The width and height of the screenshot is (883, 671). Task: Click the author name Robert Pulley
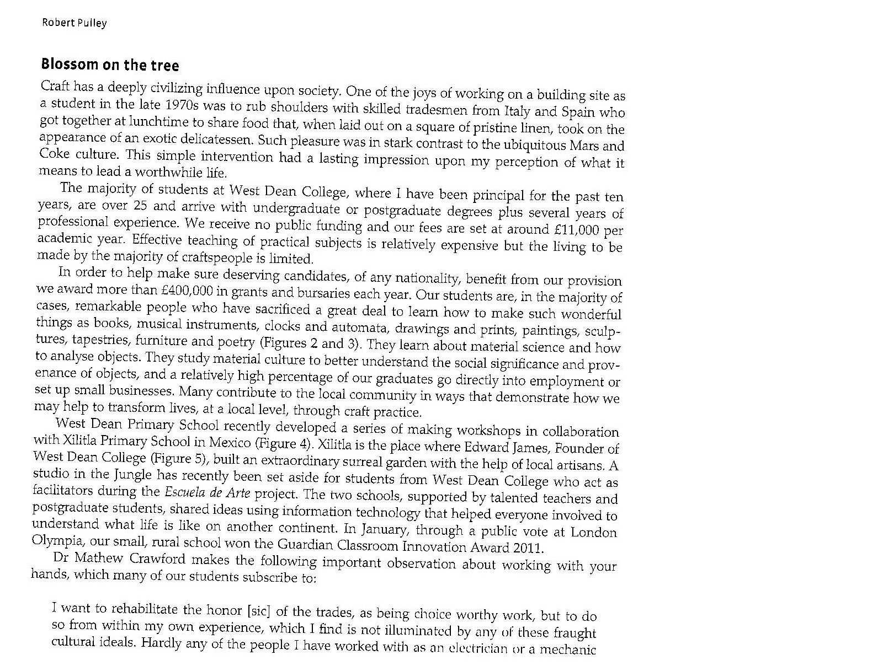point(74,23)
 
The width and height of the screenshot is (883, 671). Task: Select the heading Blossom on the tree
point(110,65)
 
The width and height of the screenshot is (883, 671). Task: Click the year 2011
point(528,549)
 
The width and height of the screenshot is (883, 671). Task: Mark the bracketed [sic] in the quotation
point(259,610)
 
